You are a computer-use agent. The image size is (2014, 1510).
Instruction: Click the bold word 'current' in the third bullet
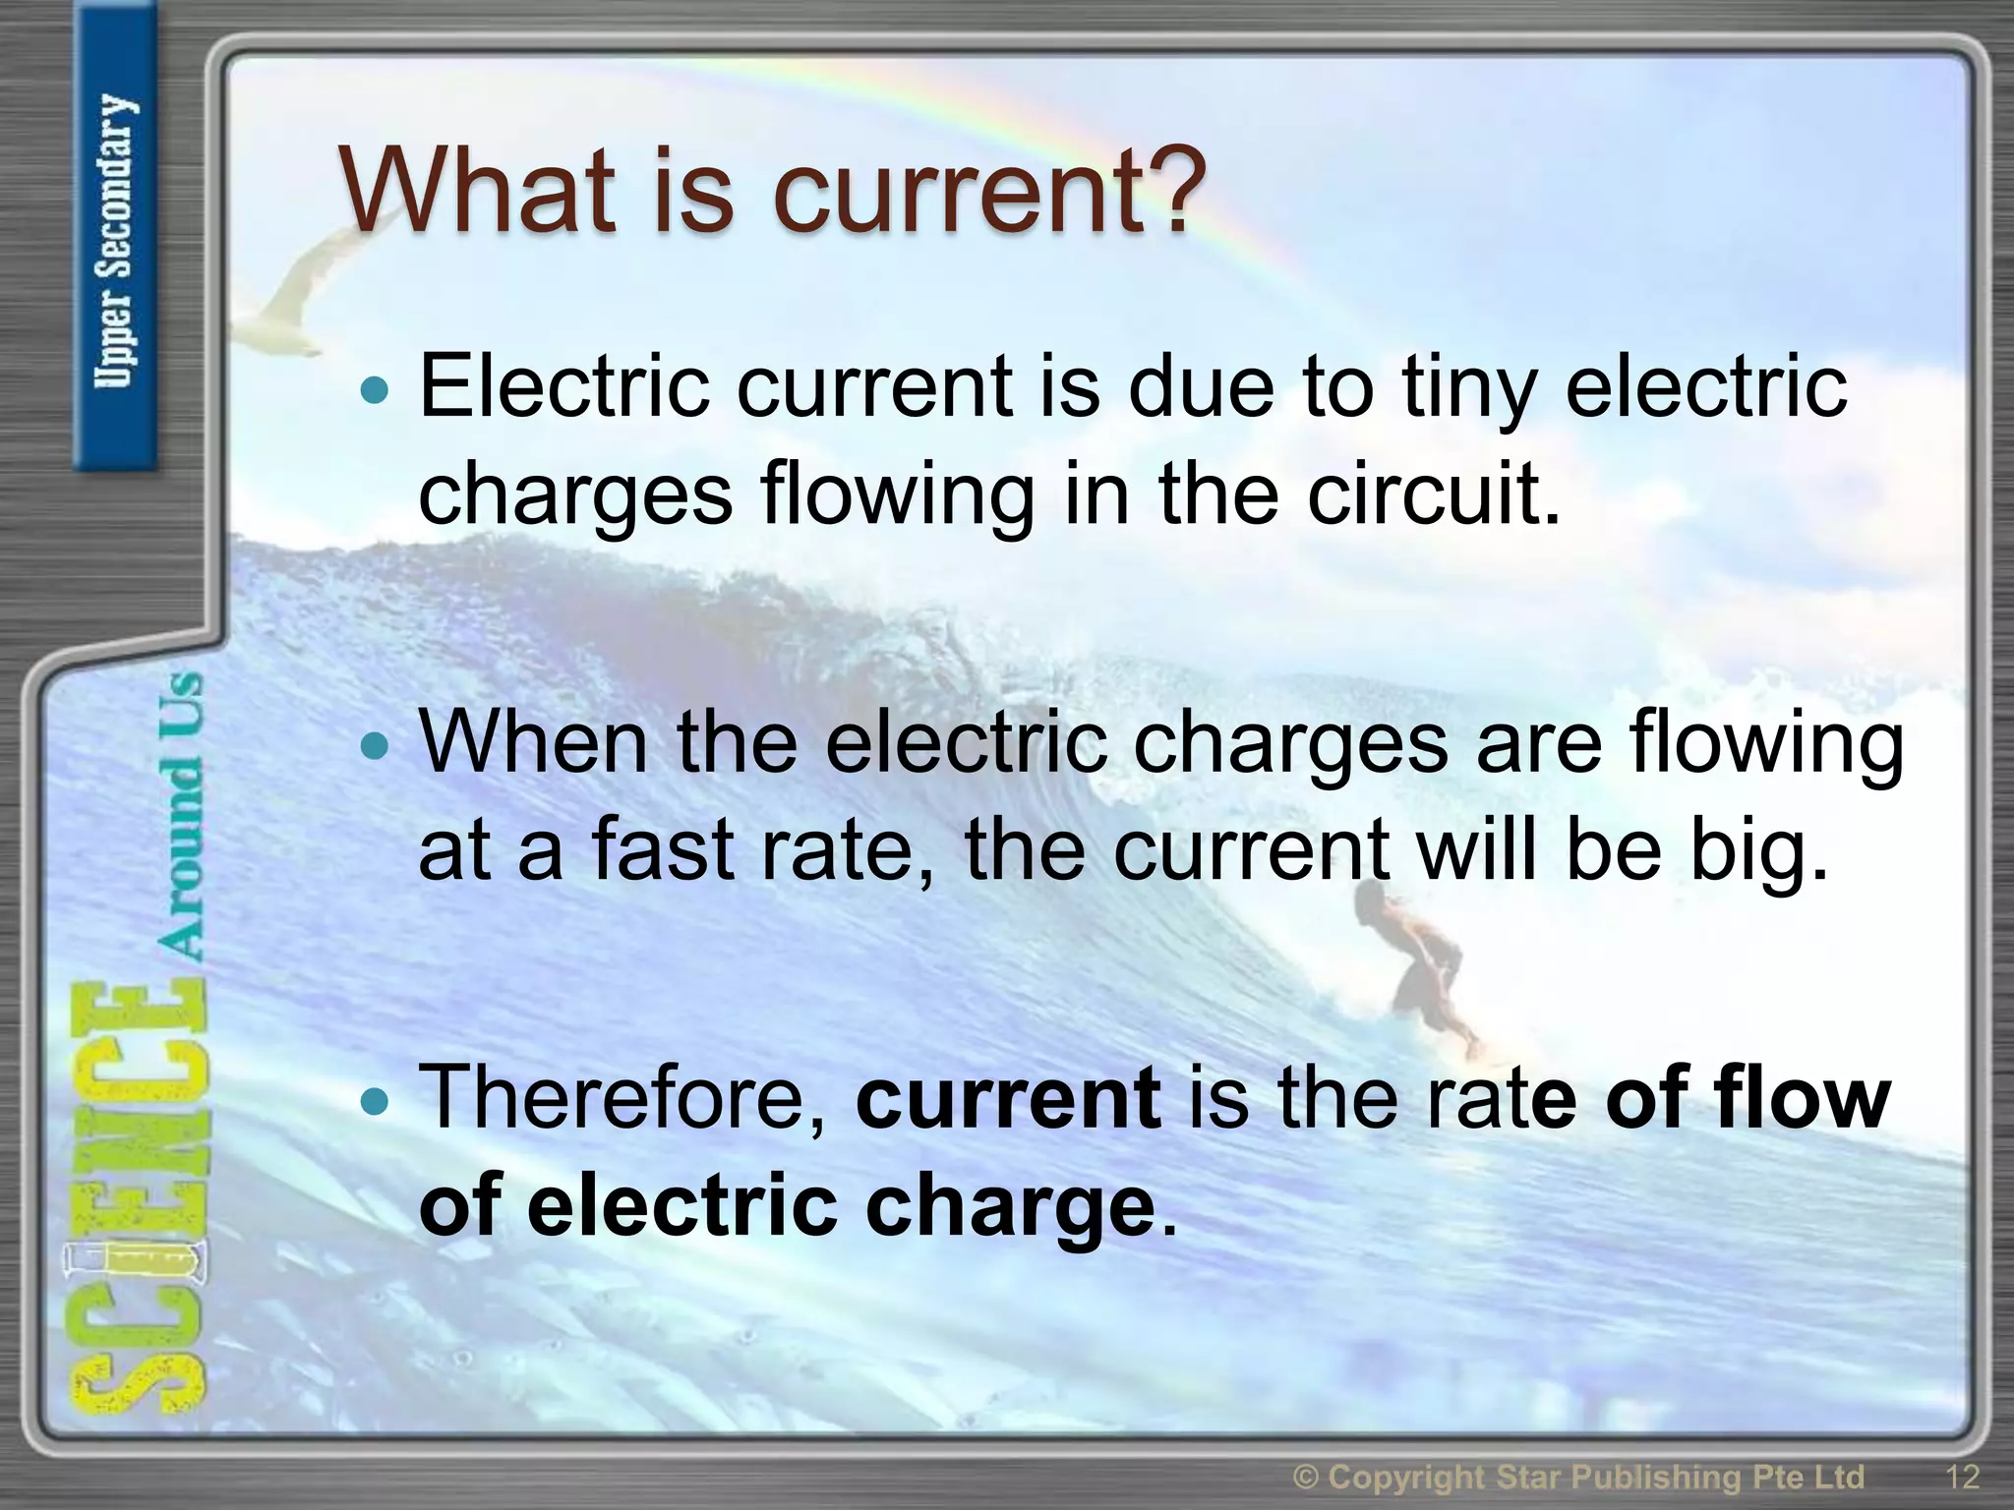pos(1008,1099)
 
